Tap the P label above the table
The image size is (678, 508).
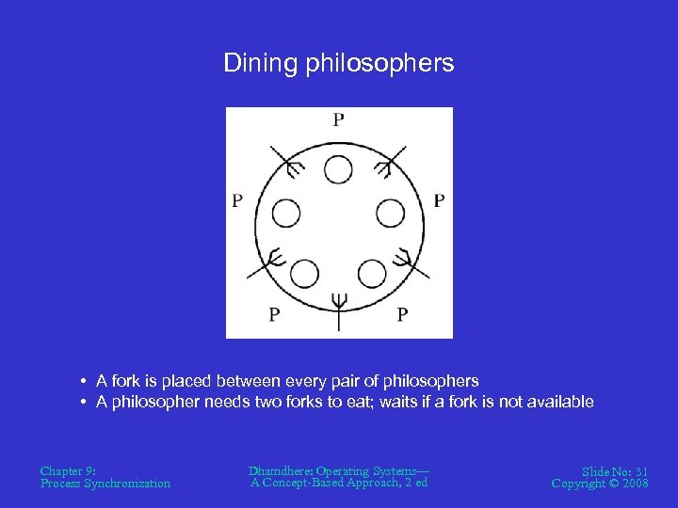338,119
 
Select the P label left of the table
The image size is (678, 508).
237,200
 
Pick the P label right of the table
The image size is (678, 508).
440,200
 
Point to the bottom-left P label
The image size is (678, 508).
273,314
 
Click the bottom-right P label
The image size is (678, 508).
402,314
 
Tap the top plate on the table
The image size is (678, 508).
338,169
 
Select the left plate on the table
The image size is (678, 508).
286,214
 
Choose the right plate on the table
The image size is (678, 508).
391,214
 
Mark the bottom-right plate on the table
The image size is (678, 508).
372,275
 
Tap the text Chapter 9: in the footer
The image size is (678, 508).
69,469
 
